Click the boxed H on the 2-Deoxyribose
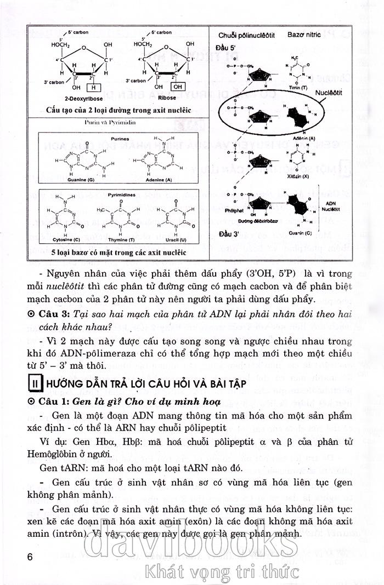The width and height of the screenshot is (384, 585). pos(95,87)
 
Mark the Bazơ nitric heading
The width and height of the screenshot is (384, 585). pos(304,35)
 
